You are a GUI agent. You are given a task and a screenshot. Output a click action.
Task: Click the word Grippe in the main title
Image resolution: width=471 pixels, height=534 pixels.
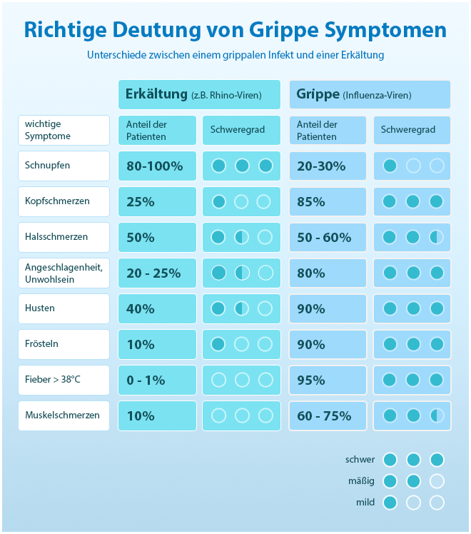[x=282, y=30]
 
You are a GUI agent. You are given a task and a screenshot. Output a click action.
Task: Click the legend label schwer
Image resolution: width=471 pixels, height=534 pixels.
[x=360, y=459]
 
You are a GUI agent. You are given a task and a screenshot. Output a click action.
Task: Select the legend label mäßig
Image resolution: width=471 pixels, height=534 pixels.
[x=360, y=480]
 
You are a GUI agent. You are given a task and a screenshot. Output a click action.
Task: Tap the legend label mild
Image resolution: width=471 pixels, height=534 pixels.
[x=365, y=502]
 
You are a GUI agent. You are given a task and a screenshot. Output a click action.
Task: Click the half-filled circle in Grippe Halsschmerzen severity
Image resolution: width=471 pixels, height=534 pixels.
[x=436, y=237]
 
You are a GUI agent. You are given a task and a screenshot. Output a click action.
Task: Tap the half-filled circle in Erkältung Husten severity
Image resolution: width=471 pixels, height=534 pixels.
[x=242, y=308]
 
